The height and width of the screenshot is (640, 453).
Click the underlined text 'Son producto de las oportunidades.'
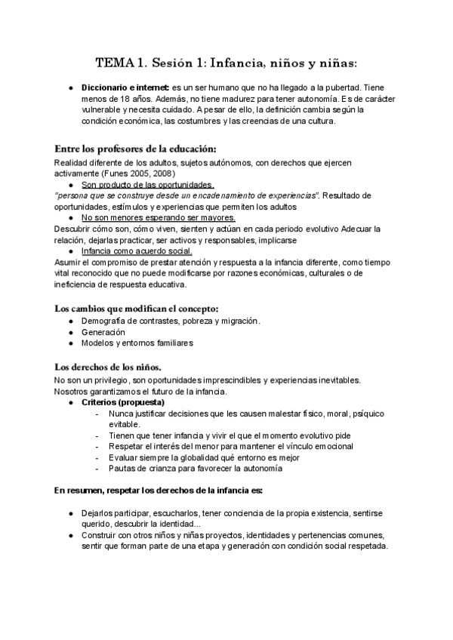pyautogui.click(x=147, y=184)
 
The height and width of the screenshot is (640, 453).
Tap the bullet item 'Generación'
pyautogui.click(x=103, y=332)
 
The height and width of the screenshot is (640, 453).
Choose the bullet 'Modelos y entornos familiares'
pyautogui.click(x=137, y=343)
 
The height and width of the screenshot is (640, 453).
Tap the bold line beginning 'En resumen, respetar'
pyautogui.click(x=159, y=491)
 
